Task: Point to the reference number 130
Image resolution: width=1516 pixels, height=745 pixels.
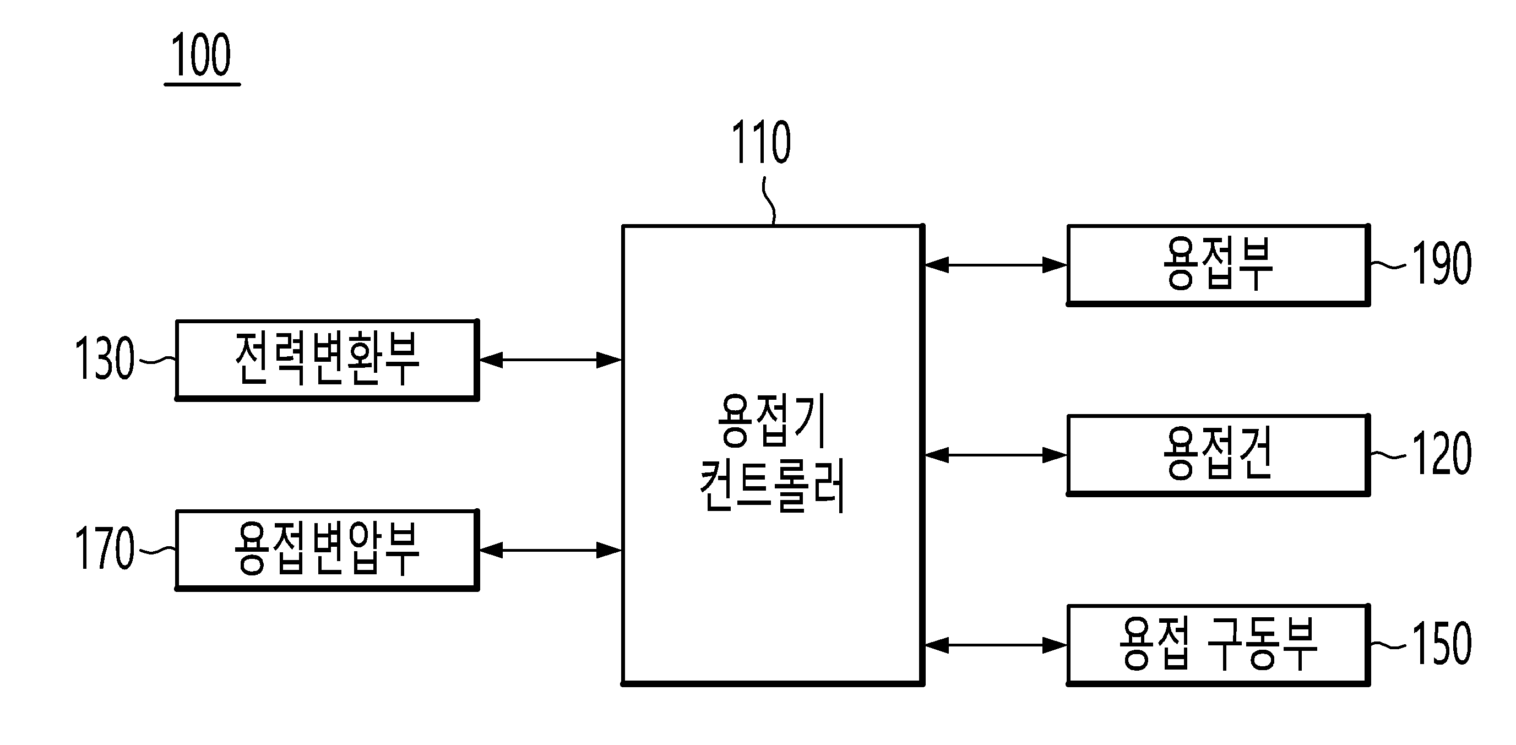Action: tap(105, 358)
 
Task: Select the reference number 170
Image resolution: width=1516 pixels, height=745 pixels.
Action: tap(105, 548)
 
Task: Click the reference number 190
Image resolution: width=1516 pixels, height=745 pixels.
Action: tap(1441, 264)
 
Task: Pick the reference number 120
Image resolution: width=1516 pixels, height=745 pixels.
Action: tap(1441, 454)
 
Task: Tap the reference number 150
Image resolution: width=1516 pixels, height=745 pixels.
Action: tap(1441, 644)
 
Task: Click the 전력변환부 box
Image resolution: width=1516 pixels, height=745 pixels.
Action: tap(327, 360)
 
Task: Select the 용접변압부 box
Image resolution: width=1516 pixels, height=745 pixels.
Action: tap(327, 550)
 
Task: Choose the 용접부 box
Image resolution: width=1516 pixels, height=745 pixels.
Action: tap(1218, 265)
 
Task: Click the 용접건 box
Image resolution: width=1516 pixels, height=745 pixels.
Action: tap(1218, 455)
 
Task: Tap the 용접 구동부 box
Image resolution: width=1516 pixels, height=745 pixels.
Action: tap(1218, 645)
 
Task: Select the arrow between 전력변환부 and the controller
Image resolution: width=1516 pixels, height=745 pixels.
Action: tap(550, 360)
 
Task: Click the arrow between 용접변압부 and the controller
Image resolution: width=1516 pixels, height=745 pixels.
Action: tap(550, 550)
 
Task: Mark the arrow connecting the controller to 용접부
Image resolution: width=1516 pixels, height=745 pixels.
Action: tap(995, 265)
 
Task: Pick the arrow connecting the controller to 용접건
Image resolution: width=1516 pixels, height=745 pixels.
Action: tap(995, 455)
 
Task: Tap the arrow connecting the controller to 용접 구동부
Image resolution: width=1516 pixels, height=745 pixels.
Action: tap(995, 645)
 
